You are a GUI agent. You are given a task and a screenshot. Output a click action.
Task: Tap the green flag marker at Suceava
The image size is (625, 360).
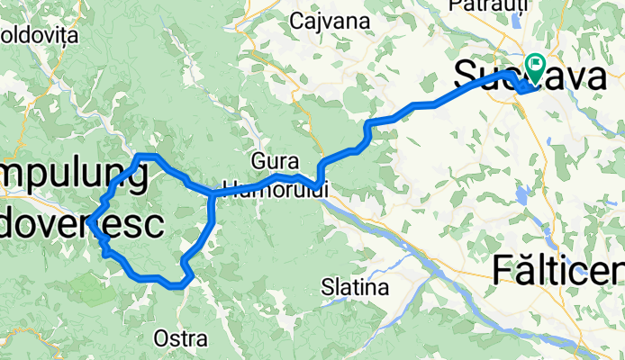[x=535, y=65]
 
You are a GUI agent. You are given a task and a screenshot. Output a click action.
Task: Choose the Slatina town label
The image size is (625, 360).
[x=355, y=288]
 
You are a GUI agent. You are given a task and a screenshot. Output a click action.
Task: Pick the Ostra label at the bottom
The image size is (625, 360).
[x=181, y=339]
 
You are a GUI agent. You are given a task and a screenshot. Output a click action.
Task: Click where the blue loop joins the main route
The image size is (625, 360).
[x=212, y=193]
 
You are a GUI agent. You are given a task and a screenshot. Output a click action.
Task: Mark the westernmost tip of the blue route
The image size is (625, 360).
[x=91, y=220]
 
